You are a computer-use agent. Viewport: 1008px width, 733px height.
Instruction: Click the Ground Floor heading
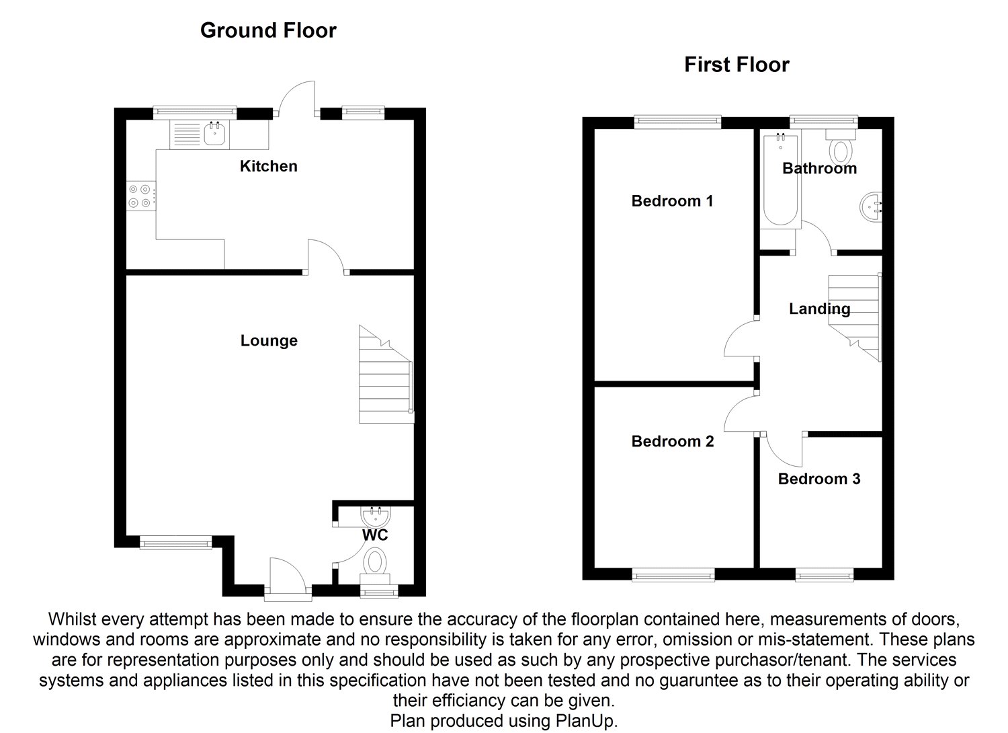click(x=268, y=30)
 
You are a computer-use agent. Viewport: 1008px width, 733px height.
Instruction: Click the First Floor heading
click(x=737, y=65)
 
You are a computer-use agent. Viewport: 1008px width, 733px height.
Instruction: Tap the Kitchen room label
click(x=269, y=166)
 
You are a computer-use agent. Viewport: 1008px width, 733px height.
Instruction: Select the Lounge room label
click(x=269, y=340)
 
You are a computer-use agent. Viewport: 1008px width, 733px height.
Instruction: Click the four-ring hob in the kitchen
click(x=141, y=196)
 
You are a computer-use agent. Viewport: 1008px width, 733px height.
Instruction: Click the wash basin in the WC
click(x=375, y=516)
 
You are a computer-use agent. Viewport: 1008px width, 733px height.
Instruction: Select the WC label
click(x=375, y=535)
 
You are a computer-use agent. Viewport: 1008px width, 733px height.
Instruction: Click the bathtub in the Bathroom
click(x=780, y=180)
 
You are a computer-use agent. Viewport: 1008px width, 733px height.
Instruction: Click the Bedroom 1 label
click(x=672, y=200)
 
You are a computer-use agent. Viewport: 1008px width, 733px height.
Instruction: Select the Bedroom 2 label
click(x=673, y=441)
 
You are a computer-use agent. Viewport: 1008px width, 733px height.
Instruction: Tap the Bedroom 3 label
click(x=819, y=479)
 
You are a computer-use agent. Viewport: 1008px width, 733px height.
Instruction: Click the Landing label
click(x=819, y=309)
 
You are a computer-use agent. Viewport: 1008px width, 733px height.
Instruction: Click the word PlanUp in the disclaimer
click(x=589, y=721)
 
